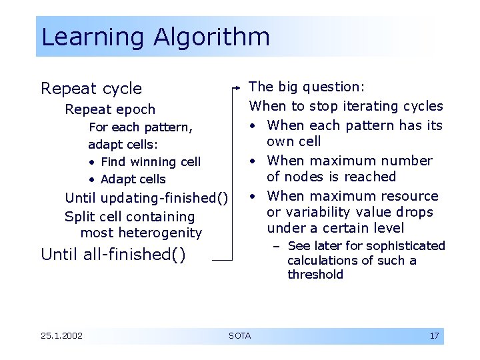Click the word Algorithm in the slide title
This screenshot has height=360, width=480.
[212, 37]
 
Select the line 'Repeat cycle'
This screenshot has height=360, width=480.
[91, 89]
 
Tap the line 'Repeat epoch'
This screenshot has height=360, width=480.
[110, 109]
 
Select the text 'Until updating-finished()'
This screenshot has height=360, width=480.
[146, 198]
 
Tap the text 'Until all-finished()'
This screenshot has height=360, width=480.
[113, 254]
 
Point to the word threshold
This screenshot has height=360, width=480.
[315, 275]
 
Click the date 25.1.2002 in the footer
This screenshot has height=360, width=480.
[61, 335]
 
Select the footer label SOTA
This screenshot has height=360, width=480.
[239, 335]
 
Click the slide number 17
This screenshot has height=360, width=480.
[434, 335]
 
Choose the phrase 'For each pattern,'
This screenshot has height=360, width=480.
[141, 127]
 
